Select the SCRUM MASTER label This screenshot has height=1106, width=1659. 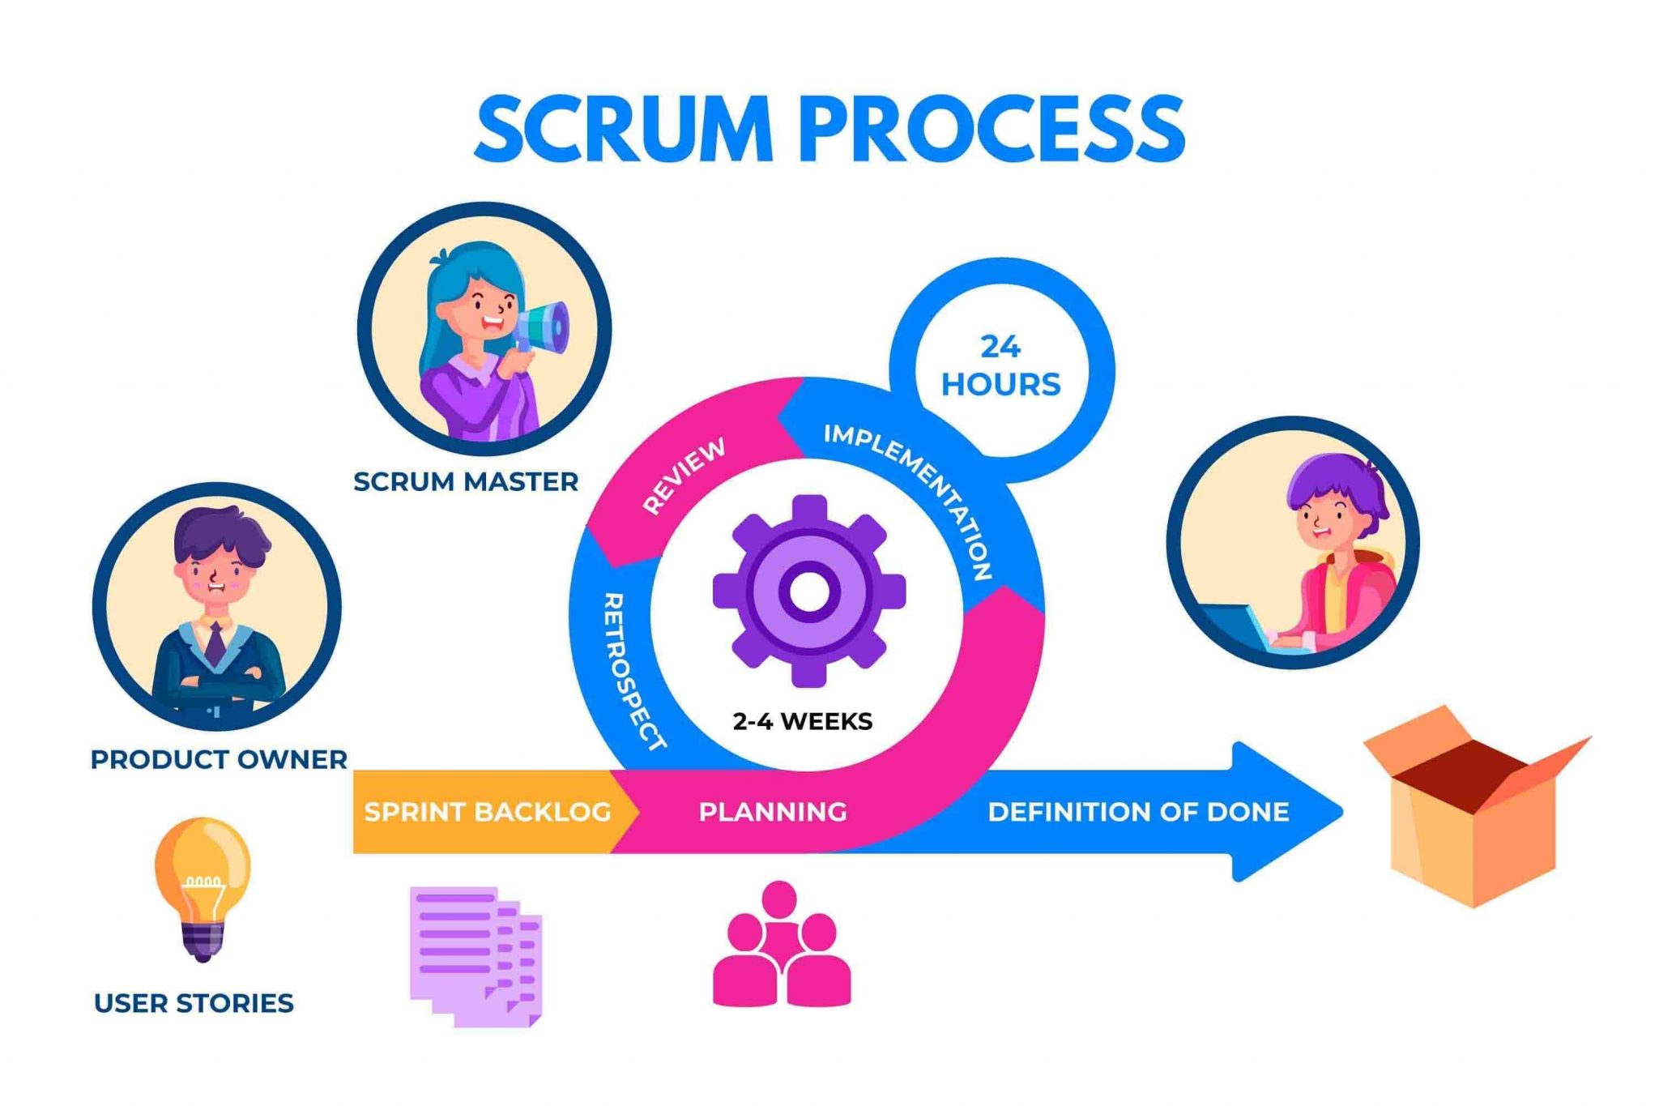[466, 482]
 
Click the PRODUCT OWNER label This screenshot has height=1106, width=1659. [219, 760]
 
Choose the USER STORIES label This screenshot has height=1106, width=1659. [194, 1003]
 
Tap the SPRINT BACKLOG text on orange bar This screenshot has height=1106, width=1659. [488, 812]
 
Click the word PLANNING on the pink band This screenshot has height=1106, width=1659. [773, 812]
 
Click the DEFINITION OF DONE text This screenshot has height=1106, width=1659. [1138, 812]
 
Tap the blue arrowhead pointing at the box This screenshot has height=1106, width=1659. [1288, 811]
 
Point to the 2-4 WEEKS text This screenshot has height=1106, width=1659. [802, 721]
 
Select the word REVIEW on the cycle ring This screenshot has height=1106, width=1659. [684, 476]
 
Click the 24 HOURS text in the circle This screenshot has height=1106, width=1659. [1001, 366]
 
